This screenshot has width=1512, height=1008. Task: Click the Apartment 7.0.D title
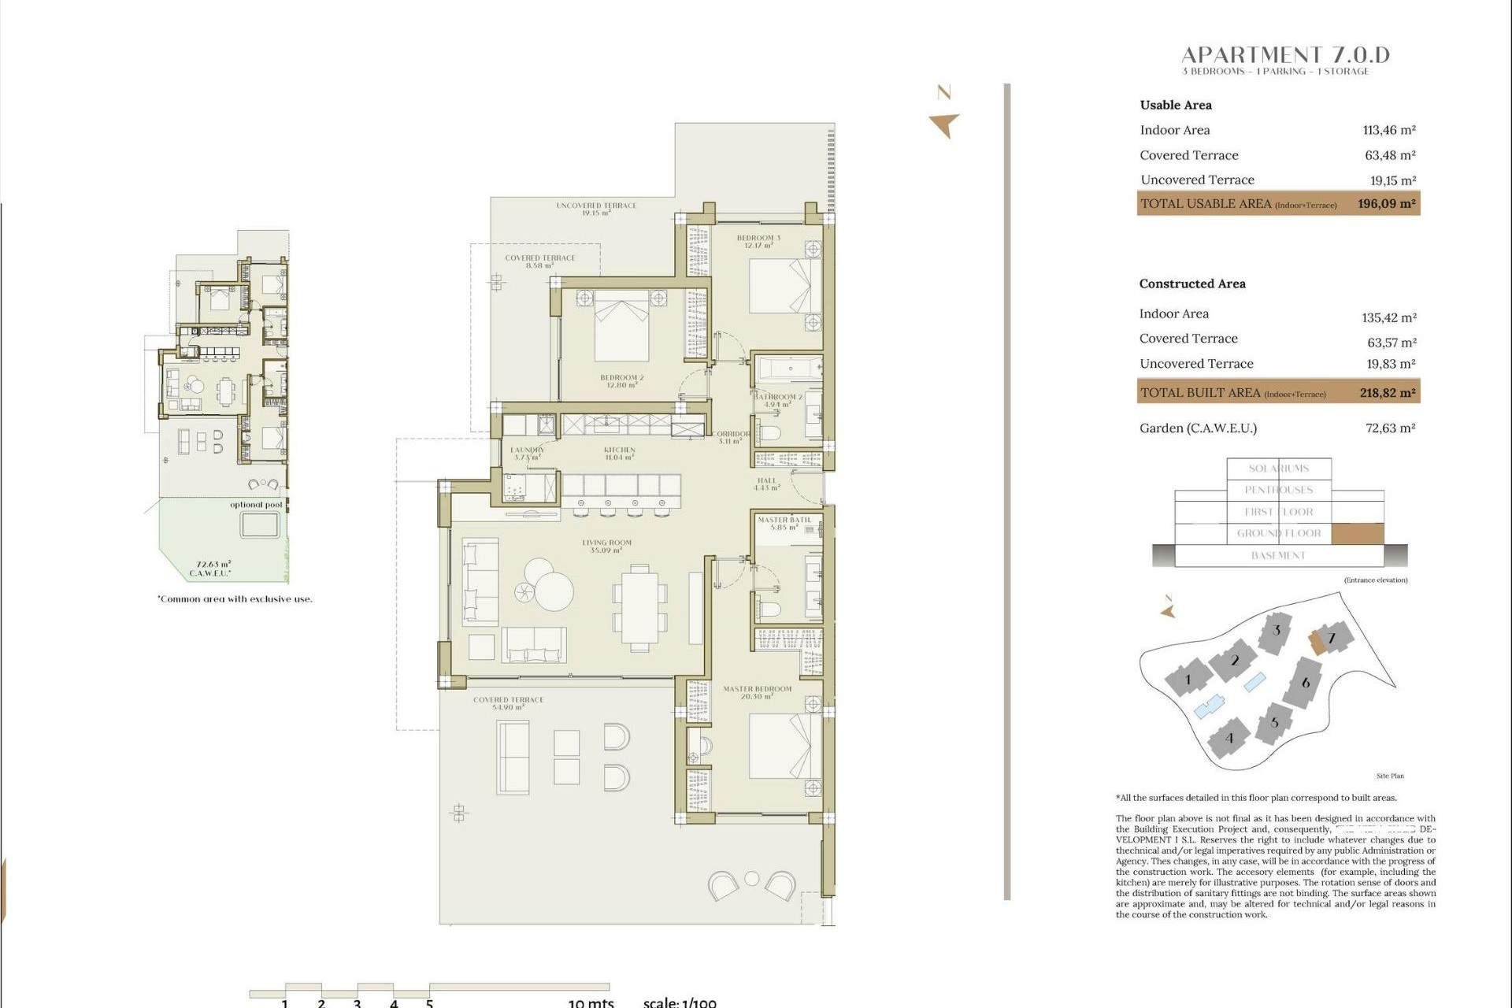[x=1285, y=55]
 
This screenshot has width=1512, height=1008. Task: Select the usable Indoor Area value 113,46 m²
[x=1389, y=130]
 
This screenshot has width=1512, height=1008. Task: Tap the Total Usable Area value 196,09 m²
[x=1386, y=203]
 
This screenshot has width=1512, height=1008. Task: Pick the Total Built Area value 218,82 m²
[x=1388, y=392]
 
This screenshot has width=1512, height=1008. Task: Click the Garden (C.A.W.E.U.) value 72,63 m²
[x=1390, y=428]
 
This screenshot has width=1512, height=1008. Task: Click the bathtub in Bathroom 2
[x=788, y=369]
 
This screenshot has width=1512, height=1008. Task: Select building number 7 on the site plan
[x=1332, y=638]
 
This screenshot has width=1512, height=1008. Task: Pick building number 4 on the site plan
[x=1228, y=738]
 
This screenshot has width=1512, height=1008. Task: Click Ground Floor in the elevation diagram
[x=1279, y=533]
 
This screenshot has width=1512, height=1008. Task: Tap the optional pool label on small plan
[x=256, y=505]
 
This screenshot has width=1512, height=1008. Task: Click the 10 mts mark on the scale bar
[x=590, y=1002]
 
